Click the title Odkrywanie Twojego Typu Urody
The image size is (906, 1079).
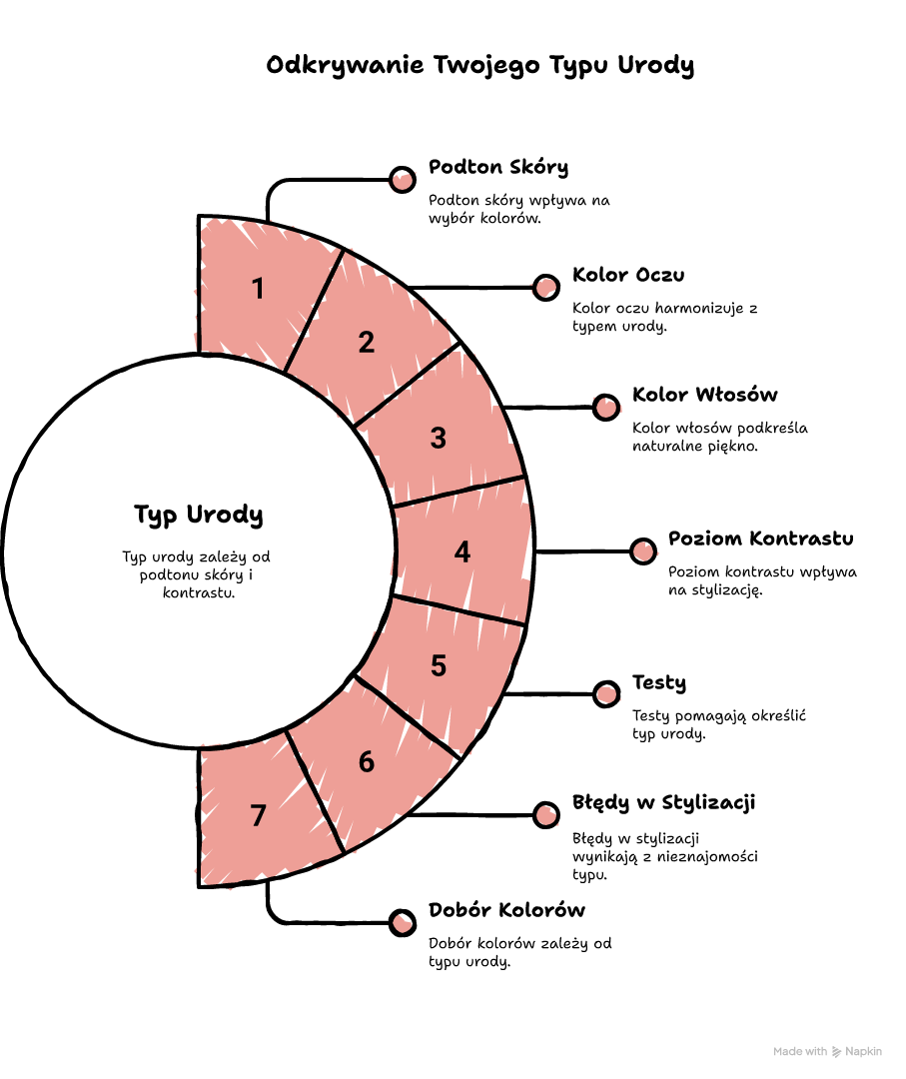(480, 65)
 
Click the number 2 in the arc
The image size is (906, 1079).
(367, 342)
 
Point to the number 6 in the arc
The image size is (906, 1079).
(367, 761)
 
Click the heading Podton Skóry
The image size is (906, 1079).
(498, 167)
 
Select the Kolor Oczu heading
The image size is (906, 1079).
(628, 275)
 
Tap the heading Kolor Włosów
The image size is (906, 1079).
(705, 395)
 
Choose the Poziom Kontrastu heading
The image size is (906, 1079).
(761, 539)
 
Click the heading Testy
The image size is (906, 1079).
(659, 682)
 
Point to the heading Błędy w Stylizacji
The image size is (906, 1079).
(664, 803)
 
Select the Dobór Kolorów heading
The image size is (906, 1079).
(507, 910)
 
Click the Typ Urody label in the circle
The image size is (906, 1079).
(198, 515)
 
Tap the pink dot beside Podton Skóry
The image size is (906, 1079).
(403, 180)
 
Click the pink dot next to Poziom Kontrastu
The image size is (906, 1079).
(643, 551)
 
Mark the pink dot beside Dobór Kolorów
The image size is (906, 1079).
(403, 923)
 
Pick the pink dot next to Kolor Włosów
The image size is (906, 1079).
(606, 408)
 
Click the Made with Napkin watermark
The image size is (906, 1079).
(827, 1051)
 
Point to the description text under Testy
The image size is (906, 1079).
(719, 724)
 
